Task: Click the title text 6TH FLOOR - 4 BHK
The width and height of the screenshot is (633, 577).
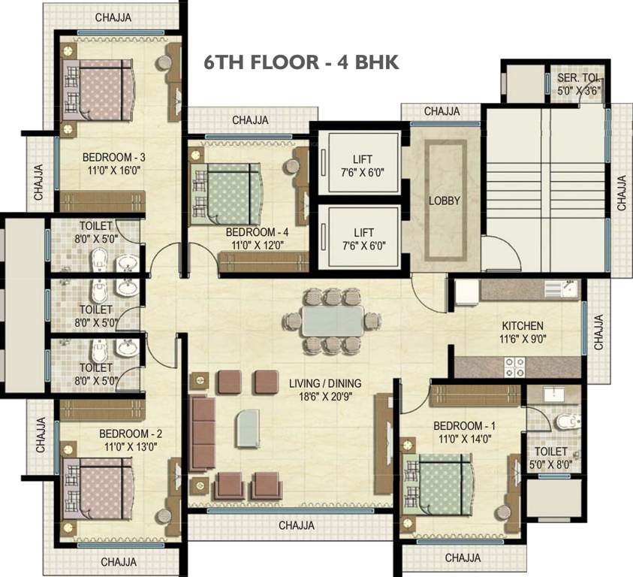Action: tap(301, 62)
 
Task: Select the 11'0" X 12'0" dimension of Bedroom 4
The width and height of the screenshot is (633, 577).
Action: tap(258, 245)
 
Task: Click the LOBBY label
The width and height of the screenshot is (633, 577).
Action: tap(444, 201)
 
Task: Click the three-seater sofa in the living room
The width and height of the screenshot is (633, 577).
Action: tap(202, 434)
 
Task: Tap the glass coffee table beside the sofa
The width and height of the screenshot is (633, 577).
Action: tap(248, 428)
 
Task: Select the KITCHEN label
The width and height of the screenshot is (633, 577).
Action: tap(523, 325)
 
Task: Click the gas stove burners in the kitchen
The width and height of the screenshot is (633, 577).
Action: tap(514, 367)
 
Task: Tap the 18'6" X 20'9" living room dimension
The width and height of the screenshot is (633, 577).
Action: tap(325, 397)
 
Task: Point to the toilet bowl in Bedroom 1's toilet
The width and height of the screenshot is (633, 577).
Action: tap(568, 421)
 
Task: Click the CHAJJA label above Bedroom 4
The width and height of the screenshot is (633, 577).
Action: tap(250, 120)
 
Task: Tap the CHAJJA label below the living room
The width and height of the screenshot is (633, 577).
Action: tap(297, 525)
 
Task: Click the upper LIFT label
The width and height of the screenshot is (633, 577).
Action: tap(363, 159)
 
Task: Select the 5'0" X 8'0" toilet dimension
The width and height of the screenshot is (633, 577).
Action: tap(550, 464)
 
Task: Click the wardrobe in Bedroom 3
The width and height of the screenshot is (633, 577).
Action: tap(102, 201)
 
